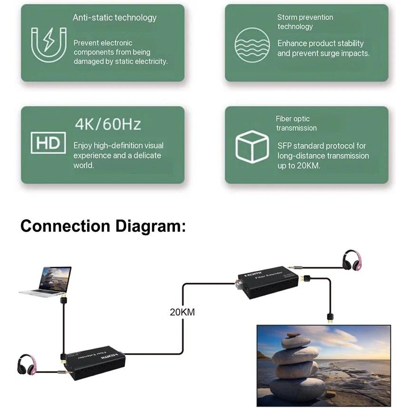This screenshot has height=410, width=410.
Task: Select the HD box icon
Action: point(48,143)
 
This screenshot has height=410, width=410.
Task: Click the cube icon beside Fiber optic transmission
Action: point(252,146)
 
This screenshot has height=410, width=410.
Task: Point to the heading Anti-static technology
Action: point(114,18)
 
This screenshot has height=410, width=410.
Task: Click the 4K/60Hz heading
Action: point(108,125)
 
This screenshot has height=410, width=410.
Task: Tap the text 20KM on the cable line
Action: point(182,313)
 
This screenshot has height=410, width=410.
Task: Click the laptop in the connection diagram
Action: point(46,282)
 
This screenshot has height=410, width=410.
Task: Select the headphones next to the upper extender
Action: point(352,260)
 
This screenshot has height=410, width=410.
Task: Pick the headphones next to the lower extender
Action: point(27,365)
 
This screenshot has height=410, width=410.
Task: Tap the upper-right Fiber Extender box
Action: point(267,281)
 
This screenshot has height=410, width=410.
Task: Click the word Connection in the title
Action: point(65,225)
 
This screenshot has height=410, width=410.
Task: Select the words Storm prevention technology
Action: point(305,22)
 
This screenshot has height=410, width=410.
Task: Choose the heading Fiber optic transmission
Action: point(296,123)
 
